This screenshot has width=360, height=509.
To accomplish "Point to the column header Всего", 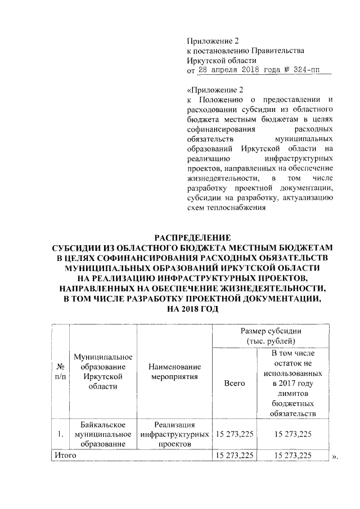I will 234,382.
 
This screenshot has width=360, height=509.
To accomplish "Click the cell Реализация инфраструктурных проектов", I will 173,434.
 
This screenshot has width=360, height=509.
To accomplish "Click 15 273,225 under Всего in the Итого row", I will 234,454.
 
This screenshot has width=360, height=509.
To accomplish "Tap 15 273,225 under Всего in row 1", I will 234,434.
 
